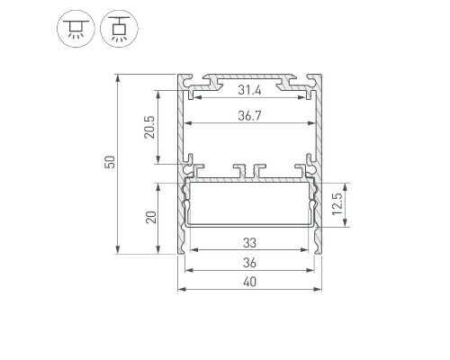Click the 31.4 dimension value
point(249,90)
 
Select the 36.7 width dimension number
point(249,115)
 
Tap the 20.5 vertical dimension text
point(149,127)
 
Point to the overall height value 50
point(110,162)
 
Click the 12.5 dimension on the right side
point(337,204)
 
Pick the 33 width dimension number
point(249,243)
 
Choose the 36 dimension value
point(249,263)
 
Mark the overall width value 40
point(249,282)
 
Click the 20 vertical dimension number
point(151,217)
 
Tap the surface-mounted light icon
point(76,29)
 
